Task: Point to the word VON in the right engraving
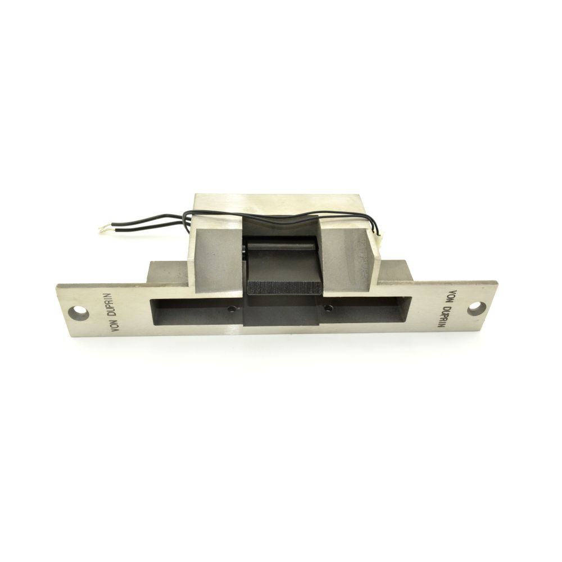click(453, 298)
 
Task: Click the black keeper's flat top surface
click(281, 264)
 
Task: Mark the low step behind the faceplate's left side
click(166, 272)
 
